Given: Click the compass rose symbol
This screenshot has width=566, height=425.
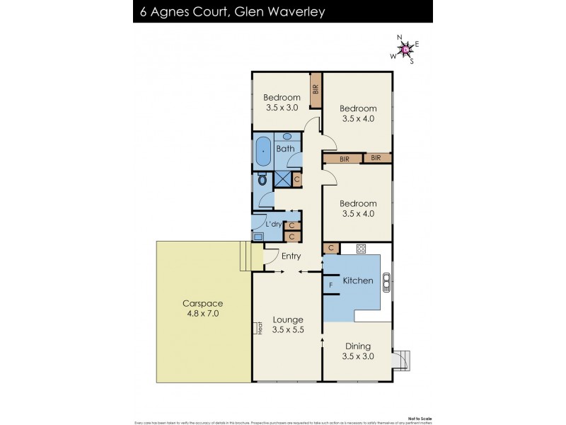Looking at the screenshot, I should pos(405,49).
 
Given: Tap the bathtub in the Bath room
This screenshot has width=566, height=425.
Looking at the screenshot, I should pos(263,150).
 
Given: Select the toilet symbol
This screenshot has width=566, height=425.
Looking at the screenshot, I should pos(262,180).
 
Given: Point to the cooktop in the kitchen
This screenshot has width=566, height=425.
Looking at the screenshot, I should pos(361,249).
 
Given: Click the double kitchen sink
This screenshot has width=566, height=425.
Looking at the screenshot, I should pos(386,282).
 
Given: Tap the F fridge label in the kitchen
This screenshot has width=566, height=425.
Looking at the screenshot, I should pos(330,285).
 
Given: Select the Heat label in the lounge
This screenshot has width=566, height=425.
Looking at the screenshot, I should pos(260,329).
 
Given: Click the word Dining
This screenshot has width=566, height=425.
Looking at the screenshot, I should pos(357,346).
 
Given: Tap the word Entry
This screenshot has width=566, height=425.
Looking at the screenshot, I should pos(291,256).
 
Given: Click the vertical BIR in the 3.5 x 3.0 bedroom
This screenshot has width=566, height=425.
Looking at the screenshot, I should pos(316,90).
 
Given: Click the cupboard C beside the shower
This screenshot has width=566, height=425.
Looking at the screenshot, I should pos(296,180).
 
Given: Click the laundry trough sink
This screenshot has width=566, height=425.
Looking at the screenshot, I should pos(258,237).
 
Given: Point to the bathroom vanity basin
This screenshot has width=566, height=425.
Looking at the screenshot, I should pos(287,136).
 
